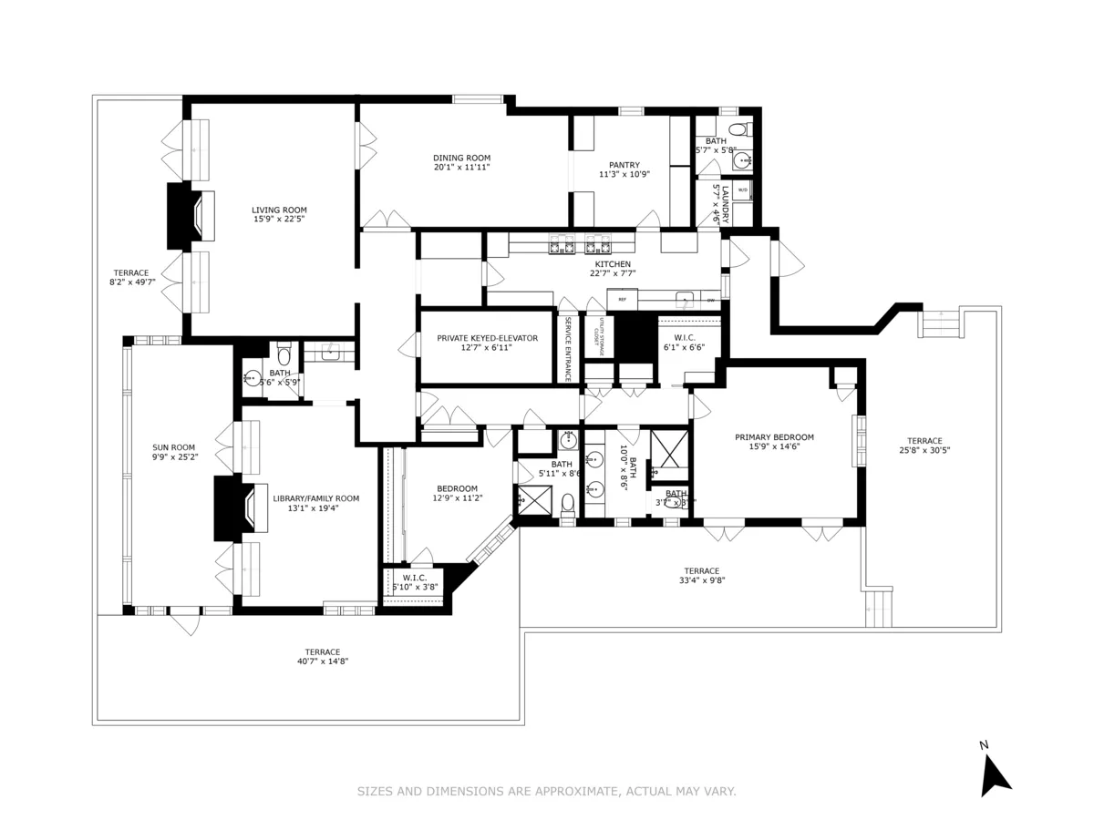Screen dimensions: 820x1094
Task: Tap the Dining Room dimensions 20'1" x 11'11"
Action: [x=461, y=168]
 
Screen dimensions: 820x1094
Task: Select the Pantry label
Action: [x=624, y=165]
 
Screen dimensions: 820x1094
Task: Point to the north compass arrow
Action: [x=994, y=774]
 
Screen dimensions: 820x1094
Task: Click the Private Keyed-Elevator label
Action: [x=487, y=338]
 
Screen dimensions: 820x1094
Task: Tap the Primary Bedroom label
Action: [x=774, y=437]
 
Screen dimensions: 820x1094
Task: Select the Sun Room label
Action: [x=174, y=447]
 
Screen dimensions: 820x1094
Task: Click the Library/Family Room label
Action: [x=315, y=498]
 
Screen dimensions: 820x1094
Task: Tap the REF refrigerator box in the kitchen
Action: [x=623, y=299]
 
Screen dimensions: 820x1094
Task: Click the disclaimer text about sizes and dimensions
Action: [x=546, y=792]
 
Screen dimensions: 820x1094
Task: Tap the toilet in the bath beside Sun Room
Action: [x=284, y=353]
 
